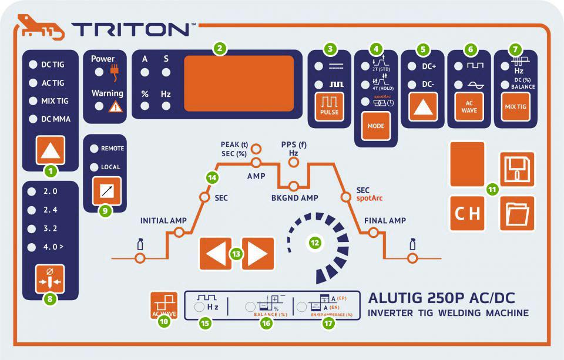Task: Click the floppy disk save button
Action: pyautogui.click(x=517, y=169)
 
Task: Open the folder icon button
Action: pyautogui.click(x=517, y=214)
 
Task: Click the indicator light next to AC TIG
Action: pyautogui.click(x=32, y=83)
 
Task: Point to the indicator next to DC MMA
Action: pyautogui.click(x=32, y=119)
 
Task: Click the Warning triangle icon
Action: pyautogui.click(x=116, y=106)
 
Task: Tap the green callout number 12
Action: pyautogui.click(x=315, y=241)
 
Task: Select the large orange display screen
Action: pyautogui.click(x=239, y=83)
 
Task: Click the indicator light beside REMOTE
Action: pyautogui.click(x=94, y=149)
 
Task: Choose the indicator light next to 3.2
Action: pyautogui.click(x=32, y=228)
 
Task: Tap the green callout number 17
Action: pyautogui.click(x=328, y=322)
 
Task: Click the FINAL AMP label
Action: pyautogui.click(x=385, y=221)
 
